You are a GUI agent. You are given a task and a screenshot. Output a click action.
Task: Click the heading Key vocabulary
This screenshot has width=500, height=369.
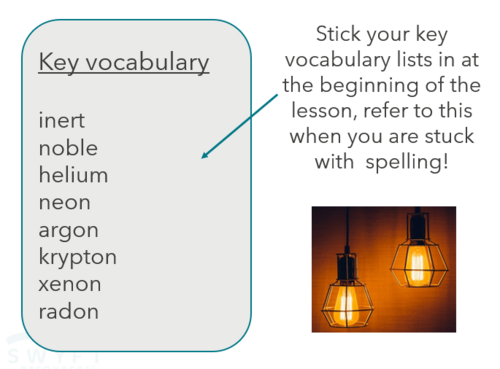tap(124, 63)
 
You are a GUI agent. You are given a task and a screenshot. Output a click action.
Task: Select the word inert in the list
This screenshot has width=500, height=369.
tap(62, 121)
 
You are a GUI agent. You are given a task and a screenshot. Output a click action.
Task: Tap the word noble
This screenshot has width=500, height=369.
tap(68, 148)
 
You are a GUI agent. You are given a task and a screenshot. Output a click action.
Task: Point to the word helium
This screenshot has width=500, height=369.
tap(73, 175)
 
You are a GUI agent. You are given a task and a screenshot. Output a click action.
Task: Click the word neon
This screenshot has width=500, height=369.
tap(65, 202)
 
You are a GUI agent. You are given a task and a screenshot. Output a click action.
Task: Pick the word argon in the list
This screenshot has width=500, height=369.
tap(67, 231)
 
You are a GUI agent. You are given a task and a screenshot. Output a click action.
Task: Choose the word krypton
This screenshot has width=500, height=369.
tap(78, 258)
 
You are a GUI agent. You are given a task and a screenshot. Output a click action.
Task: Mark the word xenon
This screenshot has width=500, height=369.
tap(69, 284)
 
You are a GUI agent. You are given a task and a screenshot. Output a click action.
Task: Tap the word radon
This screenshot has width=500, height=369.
tap(69, 311)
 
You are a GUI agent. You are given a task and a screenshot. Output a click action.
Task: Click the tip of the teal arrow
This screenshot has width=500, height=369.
tap(202, 157)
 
